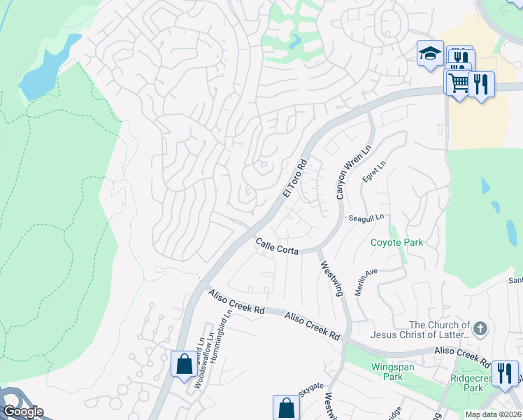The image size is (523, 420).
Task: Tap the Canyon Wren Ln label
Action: [x=351, y=174]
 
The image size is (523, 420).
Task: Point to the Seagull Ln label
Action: [x=366, y=218]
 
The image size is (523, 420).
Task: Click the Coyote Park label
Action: [x=397, y=243]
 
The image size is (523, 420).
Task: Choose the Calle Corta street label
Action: [x=277, y=246]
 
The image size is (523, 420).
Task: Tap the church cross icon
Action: [x=480, y=328]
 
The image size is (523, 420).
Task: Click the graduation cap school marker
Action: [x=429, y=53]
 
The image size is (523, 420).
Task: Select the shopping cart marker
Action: [x=459, y=83]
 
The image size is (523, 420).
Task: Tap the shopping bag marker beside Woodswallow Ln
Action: [x=184, y=364]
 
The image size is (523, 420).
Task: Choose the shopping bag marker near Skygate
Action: [x=285, y=407]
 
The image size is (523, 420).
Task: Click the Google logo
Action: [x=22, y=412]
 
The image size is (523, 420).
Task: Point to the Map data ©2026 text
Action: [x=493, y=414]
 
